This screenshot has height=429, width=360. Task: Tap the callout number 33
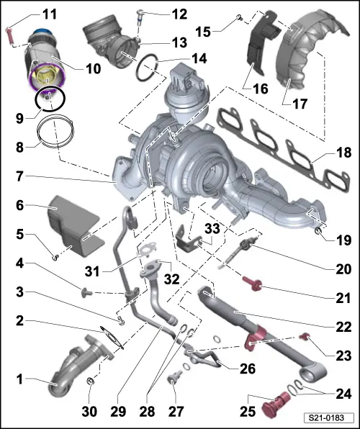211,228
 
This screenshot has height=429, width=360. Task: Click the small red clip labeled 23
304,335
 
